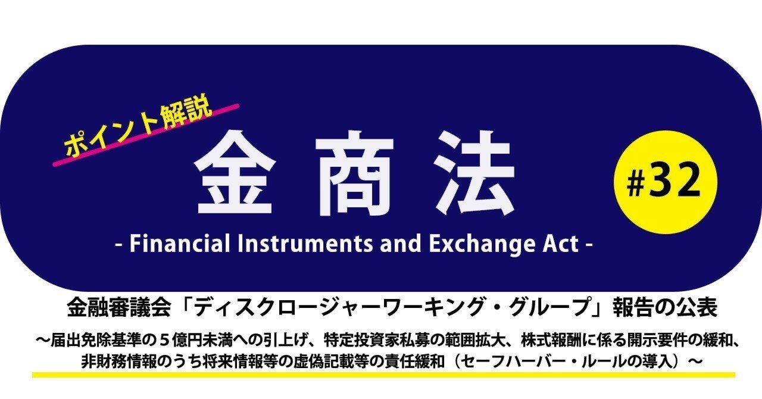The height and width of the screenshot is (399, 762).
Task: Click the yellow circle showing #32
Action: [665, 182]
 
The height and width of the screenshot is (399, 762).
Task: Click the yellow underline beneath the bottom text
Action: [383, 375]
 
